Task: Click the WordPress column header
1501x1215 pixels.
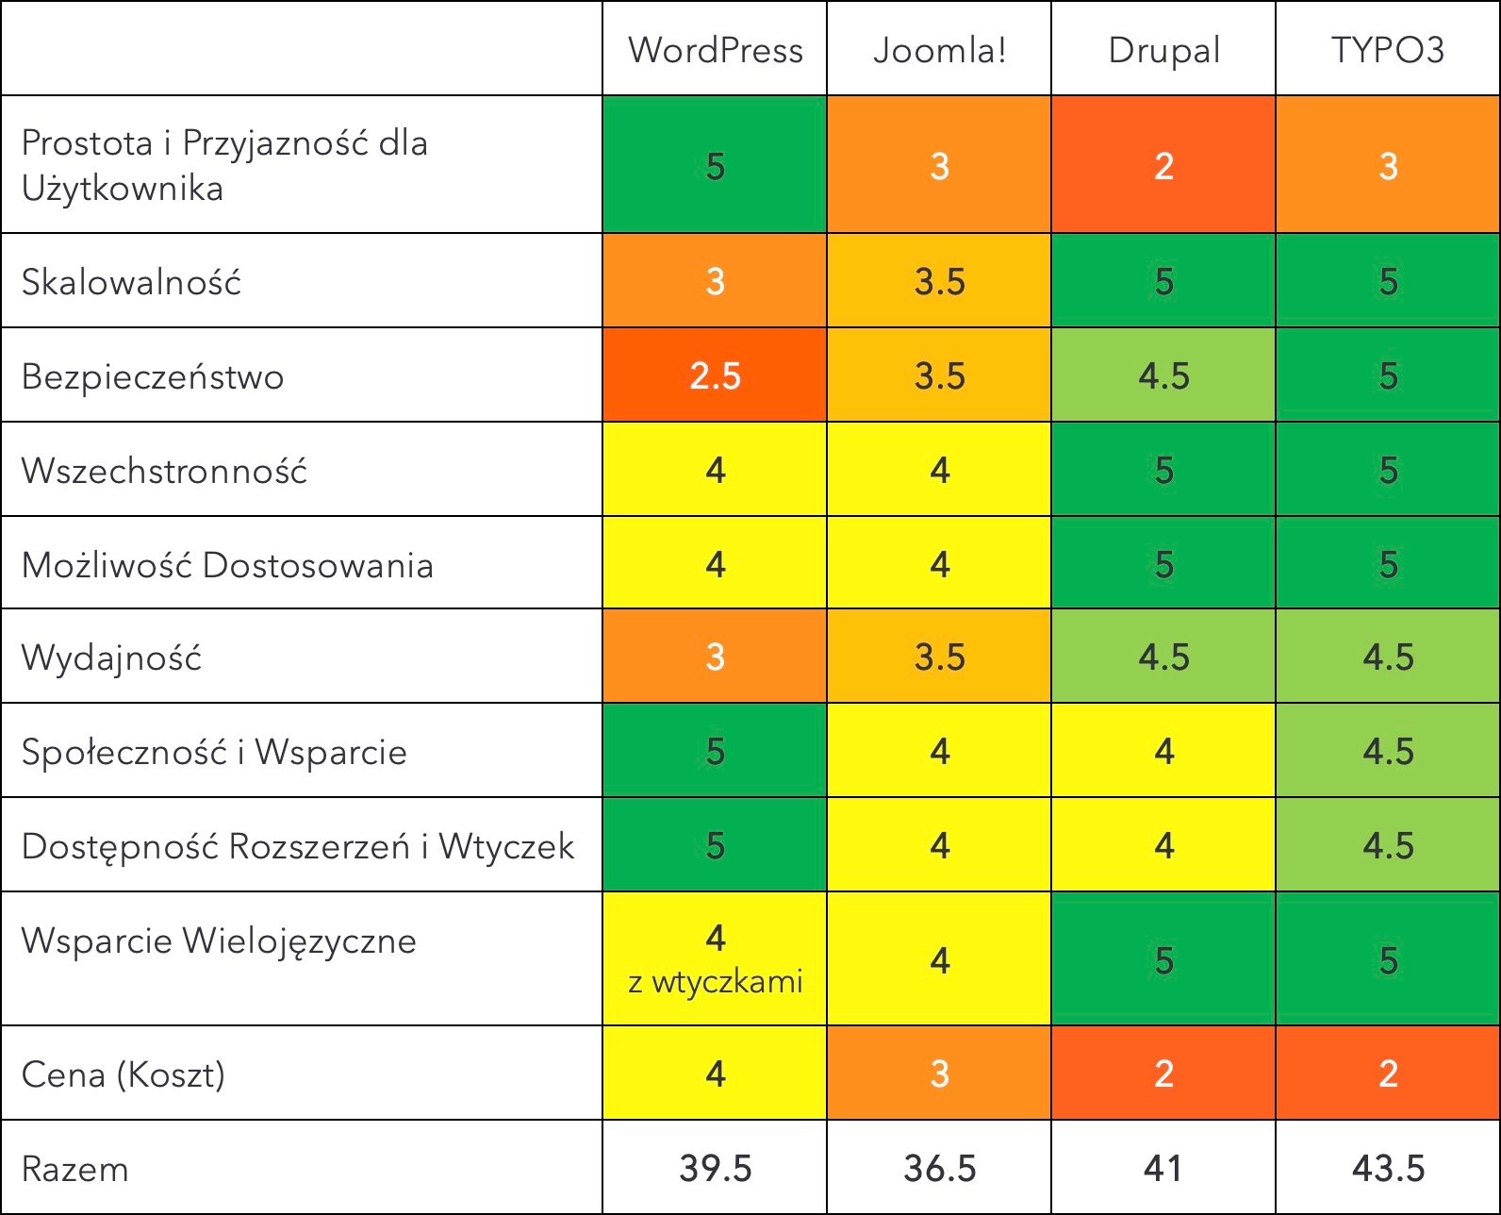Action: [715, 50]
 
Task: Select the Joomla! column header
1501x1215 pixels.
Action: [939, 50]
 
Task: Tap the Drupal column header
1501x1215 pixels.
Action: [1163, 50]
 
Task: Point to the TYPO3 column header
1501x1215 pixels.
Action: [1387, 50]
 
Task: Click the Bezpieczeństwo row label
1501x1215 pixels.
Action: [153, 376]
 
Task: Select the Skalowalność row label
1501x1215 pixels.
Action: [131, 282]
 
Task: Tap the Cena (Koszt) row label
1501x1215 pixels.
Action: [124, 1074]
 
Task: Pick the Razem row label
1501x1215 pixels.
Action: [74, 1169]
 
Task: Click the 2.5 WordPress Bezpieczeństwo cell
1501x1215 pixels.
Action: [715, 375]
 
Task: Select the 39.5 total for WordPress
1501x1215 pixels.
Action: [715, 1169]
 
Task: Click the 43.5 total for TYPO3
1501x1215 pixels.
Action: [1388, 1169]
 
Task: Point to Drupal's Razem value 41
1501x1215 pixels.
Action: [1163, 1169]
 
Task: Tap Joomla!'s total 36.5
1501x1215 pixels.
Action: [939, 1169]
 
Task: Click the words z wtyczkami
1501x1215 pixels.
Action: [715, 983]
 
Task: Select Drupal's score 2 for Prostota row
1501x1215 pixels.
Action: [1163, 166]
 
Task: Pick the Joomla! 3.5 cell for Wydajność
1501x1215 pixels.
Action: [939, 657]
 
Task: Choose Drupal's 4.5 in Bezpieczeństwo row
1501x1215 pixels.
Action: [1163, 375]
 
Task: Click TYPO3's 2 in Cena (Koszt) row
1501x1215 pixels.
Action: [1388, 1074]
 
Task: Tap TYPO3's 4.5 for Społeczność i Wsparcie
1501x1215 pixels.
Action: [1388, 751]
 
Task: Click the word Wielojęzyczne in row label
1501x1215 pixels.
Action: [299, 941]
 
